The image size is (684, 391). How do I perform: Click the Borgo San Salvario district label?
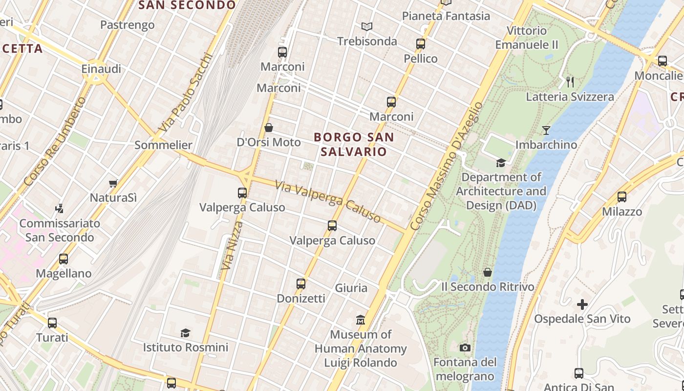click(x=354, y=144)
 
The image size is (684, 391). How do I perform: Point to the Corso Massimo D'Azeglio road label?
click(x=446, y=167)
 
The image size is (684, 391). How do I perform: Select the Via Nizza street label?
click(x=231, y=246)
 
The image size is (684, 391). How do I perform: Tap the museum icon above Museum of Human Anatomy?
click(x=361, y=320)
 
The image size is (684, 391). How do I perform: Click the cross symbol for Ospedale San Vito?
click(x=582, y=304)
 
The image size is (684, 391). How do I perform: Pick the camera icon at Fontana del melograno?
click(x=465, y=348)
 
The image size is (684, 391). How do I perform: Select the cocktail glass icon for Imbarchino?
click(x=546, y=130)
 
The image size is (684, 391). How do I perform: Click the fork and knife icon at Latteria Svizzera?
click(x=570, y=82)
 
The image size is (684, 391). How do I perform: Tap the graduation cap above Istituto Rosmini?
click(x=185, y=333)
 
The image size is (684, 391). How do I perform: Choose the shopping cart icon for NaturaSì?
click(x=113, y=183)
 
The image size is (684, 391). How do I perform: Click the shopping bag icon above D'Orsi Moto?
click(x=268, y=128)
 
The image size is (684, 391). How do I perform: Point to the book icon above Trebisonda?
click(x=367, y=26)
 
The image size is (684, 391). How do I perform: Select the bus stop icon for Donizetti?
click(x=301, y=283)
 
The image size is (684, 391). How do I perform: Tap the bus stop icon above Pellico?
click(x=421, y=44)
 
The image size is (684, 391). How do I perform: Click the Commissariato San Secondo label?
click(x=60, y=230)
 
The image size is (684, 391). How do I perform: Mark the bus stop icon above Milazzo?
click(x=621, y=197)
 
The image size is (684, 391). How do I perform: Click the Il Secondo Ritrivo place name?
click(x=488, y=286)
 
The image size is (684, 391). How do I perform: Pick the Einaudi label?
click(x=101, y=69)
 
